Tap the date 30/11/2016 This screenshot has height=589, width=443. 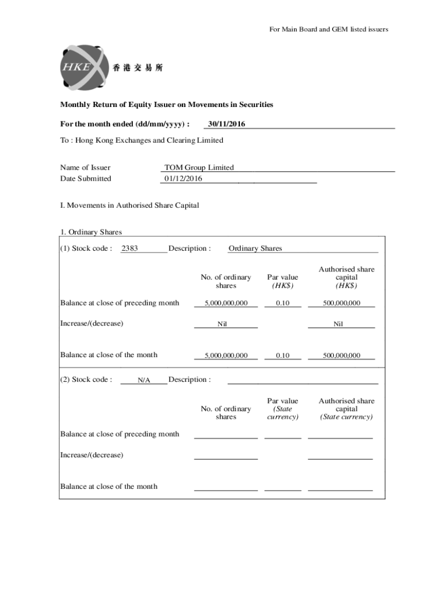227,124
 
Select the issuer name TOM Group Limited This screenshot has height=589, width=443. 199,167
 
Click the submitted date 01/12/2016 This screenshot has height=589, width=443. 184,178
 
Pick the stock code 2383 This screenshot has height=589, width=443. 129,248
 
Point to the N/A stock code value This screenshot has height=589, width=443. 144,380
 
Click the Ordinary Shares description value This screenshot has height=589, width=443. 255,248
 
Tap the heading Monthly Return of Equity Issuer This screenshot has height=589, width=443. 167,105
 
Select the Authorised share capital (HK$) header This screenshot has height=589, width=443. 346,277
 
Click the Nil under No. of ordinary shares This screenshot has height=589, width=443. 222,324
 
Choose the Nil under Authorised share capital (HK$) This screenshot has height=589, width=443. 338,324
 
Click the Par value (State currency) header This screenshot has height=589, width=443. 282,409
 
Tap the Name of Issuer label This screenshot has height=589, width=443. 85,167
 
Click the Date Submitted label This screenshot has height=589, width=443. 86,178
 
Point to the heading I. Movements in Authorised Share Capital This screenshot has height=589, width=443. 129,205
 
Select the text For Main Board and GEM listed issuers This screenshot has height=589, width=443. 329,29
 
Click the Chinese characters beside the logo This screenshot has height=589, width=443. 138,68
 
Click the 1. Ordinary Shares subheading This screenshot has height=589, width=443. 91,232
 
